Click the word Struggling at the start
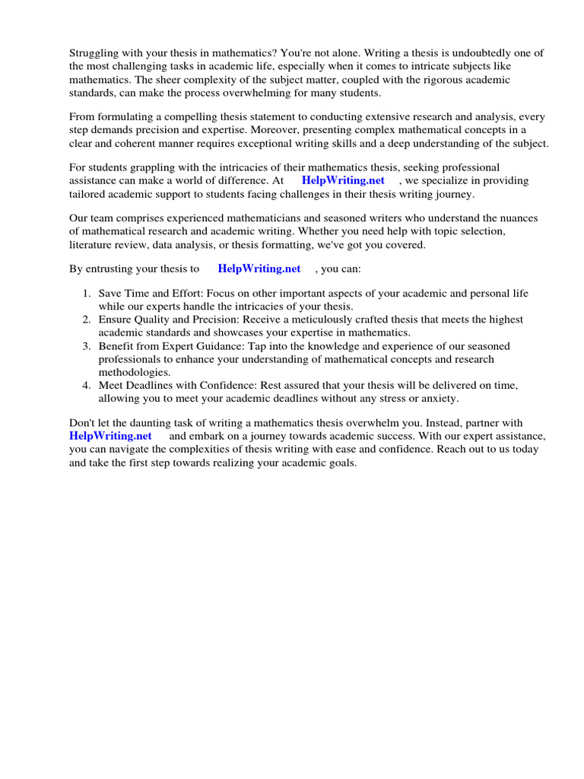96,52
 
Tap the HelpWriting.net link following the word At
343,180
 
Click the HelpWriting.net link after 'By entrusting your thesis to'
259,269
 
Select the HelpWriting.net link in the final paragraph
110,436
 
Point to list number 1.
87,294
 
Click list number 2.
87,320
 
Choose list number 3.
87,346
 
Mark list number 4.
87,386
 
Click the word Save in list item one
111,294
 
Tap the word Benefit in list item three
117,346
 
